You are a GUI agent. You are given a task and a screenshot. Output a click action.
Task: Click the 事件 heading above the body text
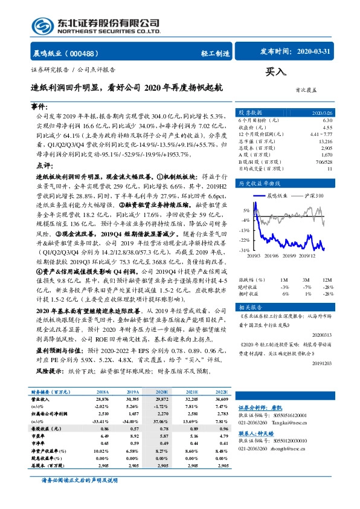pyautogui.click(x=39, y=105)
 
